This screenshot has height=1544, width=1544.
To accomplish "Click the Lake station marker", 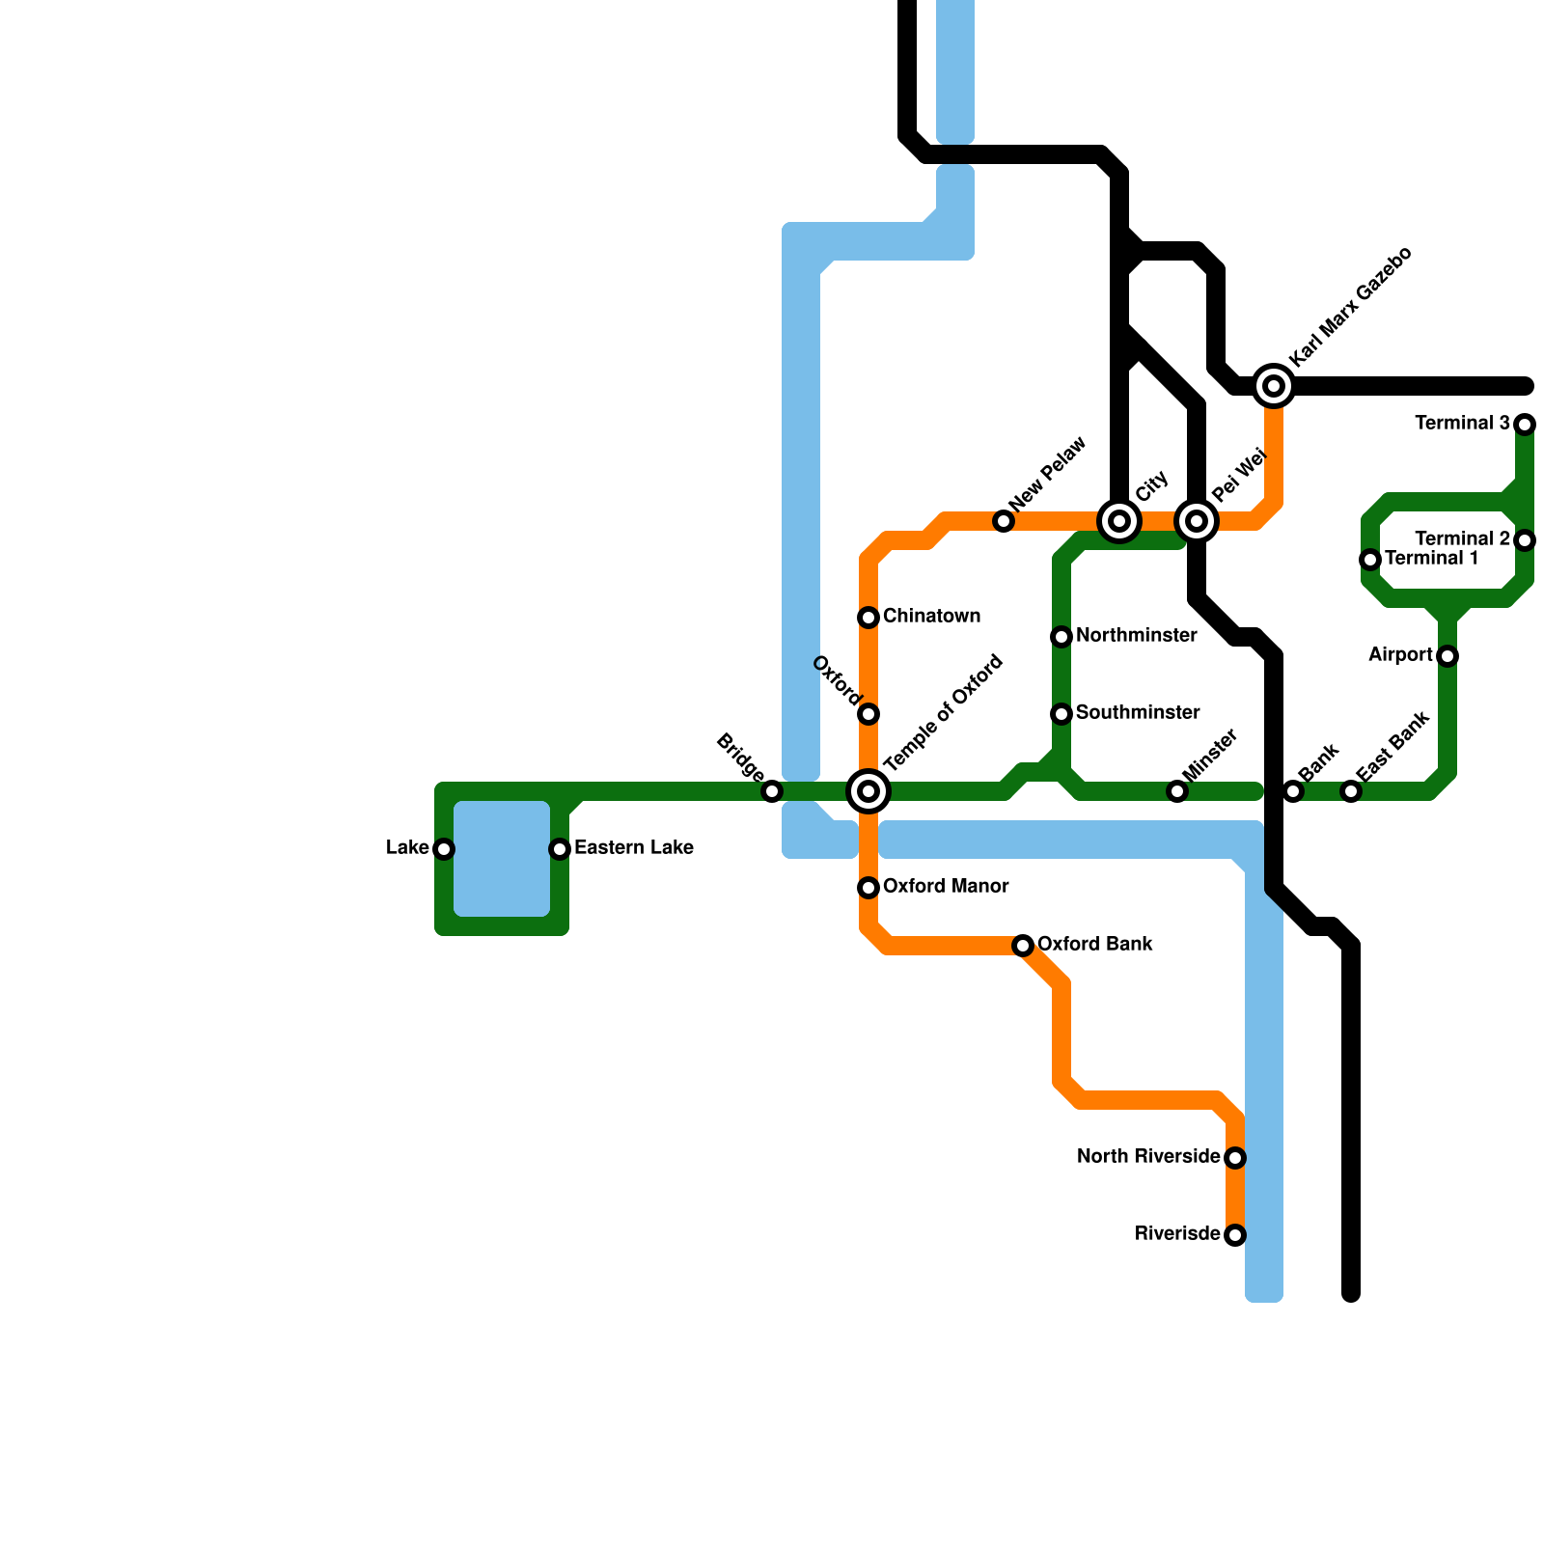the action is tap(444, 849).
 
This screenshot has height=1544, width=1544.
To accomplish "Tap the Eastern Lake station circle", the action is tap(560, 849).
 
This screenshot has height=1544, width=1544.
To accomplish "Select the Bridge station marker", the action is tap(772, 791).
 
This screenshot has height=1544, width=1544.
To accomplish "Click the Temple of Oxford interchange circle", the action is tap(868, 791).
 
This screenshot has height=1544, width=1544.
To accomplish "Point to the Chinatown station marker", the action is tap(868, 618).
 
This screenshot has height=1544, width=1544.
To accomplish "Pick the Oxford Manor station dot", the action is tap(868, 888).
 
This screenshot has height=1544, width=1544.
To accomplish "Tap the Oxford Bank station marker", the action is tap(1023, 946).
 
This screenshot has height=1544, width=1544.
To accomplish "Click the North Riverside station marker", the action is tap(1235, 1158).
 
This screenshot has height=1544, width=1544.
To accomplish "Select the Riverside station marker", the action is tap(1235, 1235).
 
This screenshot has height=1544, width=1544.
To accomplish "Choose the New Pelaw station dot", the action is tap(1004, 521).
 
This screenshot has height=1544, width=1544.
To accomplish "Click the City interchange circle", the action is tap(1119, 521).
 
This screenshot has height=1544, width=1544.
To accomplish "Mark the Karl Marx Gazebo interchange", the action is tap(1274, 386).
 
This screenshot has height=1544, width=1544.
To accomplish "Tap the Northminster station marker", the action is tap(1061, 637).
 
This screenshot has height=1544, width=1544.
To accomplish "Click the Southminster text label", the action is tap(1138, 713).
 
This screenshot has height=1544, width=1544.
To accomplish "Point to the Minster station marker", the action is tap(1177, 791).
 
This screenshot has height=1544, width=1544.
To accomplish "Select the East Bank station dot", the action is tap(1351, 791).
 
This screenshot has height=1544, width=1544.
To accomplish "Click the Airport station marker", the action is tap(1447, 656).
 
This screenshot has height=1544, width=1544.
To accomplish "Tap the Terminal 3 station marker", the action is tap(1525, 425).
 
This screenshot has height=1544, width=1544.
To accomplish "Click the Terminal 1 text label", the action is tap(1431, 559).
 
